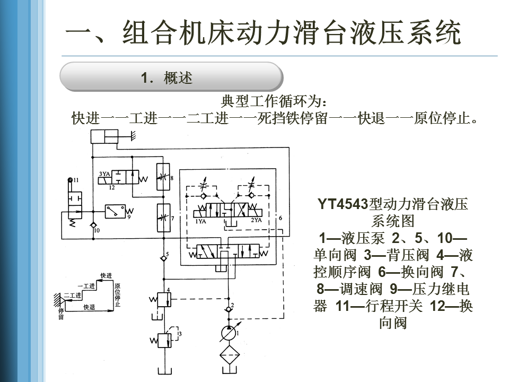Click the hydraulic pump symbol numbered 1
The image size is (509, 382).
229,332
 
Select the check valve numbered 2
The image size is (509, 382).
229,309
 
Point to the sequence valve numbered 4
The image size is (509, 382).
164,300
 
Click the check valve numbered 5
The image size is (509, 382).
163,258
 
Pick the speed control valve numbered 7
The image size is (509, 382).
163,218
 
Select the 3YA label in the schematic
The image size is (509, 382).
103,173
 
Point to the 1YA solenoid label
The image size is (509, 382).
200,221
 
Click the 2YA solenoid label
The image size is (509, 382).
256,220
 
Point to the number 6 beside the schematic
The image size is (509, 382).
280,218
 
